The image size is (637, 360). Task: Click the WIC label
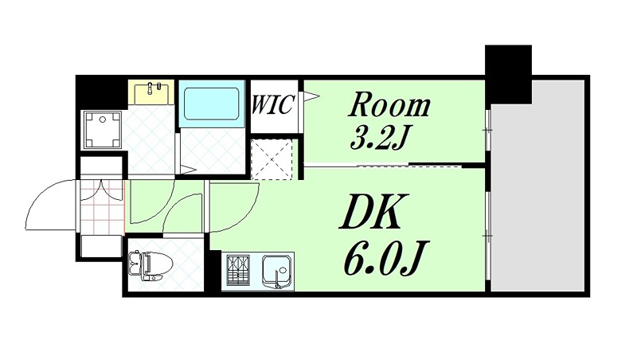pos(275,104)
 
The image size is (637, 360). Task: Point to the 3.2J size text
pos(381,138)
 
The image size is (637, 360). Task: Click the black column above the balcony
pos(508,72)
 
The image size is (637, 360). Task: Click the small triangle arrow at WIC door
pos(310,98)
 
